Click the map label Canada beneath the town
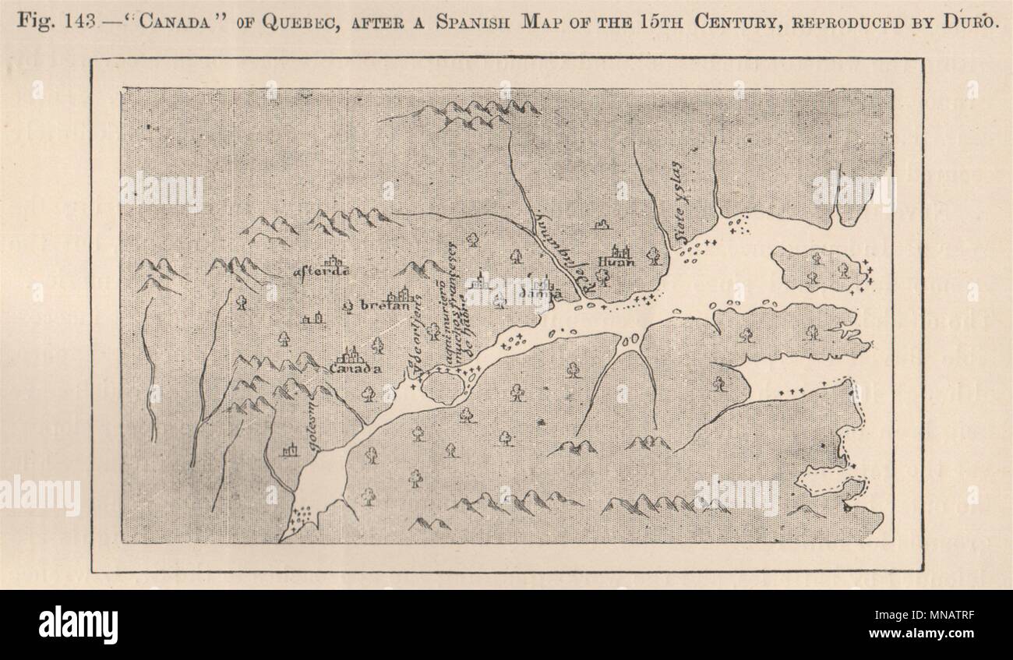[x=355, y=369]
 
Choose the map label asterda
[x=320, y=272]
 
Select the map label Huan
[x=616, y=262]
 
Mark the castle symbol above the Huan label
[x=621, y=249]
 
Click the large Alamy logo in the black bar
[x=79, y=624]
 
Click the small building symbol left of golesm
[x=290, y=450]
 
